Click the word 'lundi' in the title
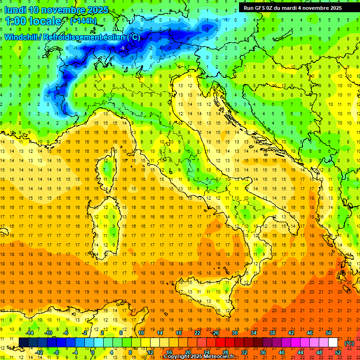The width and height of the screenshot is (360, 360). coord(15,9)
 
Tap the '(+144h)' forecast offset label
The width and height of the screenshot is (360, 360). coord(83,21)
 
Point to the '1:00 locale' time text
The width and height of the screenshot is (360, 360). coord(33,21)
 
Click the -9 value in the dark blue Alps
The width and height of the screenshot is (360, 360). coord(122,48)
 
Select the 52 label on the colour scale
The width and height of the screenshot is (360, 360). coord(338,352)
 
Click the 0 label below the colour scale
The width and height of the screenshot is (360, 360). coord(93,352)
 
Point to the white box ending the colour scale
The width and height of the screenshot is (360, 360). coord(333,343)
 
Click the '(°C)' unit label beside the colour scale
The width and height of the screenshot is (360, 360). coord(349,343)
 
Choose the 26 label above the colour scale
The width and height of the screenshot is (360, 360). coord(216,332)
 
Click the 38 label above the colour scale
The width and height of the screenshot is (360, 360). coord(272,332)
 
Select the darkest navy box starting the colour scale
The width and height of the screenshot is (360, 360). coord(23,343)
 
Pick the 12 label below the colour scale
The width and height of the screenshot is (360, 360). coord(150,352)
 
